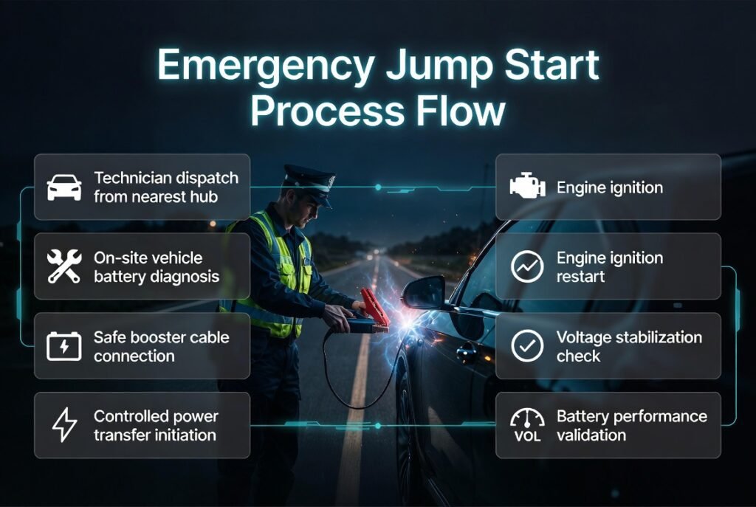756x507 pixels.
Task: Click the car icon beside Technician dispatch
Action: [64, 187]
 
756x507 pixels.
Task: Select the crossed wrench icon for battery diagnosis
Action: [64, 266]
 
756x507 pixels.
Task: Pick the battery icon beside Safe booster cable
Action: [64, 346]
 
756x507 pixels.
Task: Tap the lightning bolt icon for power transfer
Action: [64, 425]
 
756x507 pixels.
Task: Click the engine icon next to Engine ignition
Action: [527, 187]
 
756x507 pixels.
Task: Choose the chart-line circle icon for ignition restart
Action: [527, 266]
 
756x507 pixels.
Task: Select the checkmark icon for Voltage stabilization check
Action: [527, 346]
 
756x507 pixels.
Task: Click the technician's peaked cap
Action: [309, 177]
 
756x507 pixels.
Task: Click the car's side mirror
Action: [424, 292]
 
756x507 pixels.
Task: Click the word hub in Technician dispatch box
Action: [208, 196]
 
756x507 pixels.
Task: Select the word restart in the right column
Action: [581, 276]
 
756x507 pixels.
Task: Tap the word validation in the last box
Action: [592, 435]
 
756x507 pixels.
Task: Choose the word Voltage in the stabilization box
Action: [583, 337]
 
